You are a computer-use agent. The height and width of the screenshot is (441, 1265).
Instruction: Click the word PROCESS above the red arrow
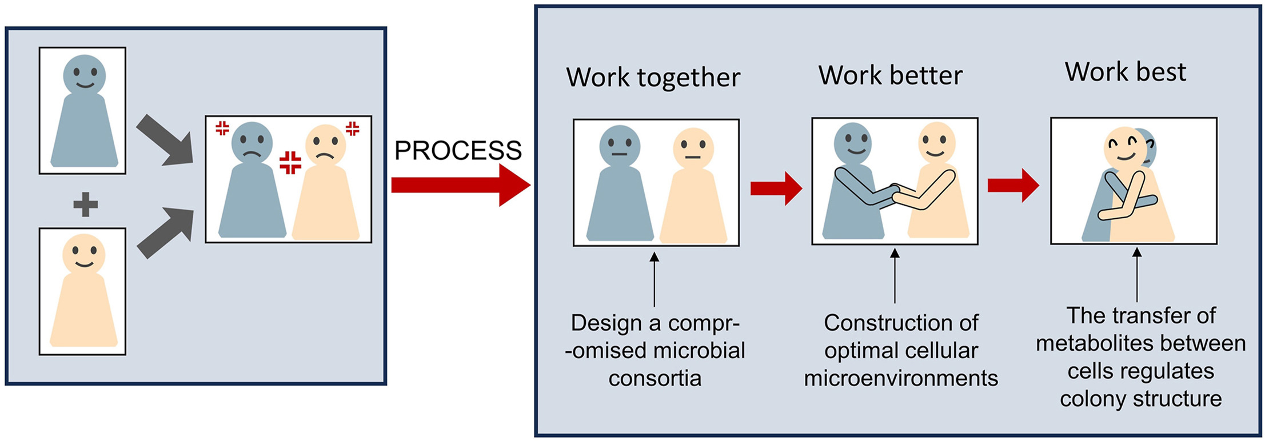(x=458, y=150)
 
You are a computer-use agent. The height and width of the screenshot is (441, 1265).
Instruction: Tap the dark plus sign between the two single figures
(x=86, y=204)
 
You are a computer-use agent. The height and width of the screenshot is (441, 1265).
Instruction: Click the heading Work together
(x=653, y=77)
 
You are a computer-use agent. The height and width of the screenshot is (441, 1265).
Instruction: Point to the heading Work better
(x=890, y=75)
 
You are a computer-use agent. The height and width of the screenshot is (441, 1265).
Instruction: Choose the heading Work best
(x=1125, y=72)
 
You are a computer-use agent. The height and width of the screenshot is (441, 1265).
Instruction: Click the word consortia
(x=655, y=378)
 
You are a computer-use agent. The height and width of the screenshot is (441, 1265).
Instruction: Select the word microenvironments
(x=901, y=378)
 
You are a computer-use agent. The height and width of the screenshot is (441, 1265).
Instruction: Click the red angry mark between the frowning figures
(x=290, y=162)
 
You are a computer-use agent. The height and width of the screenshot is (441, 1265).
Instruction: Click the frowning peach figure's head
(x=325, y=145)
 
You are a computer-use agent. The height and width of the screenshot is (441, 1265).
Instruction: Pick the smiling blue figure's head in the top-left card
(x=84, y=74)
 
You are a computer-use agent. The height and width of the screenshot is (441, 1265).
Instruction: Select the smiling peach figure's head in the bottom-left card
(x=84, y=253)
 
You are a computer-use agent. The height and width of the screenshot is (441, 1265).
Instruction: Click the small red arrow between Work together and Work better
(x=776, y=188)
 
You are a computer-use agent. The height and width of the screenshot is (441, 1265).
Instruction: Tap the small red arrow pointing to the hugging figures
(x=1013, y=185)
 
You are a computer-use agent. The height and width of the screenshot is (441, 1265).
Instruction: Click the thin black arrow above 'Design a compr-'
(x=655, y=280)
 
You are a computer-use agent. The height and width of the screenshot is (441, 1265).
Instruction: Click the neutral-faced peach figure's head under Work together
(x=693, y=148)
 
